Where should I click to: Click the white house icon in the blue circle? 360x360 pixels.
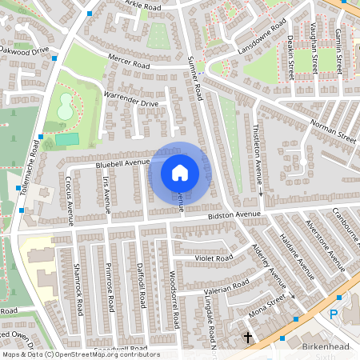pos(180,172)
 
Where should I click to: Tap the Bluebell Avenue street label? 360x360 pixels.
pos(122,162)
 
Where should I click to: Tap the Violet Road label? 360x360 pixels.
pos(214,258)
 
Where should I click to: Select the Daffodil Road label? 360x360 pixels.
pos(141,290)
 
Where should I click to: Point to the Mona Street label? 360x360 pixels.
pos(266,305)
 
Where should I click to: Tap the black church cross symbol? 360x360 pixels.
pos(248,338)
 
